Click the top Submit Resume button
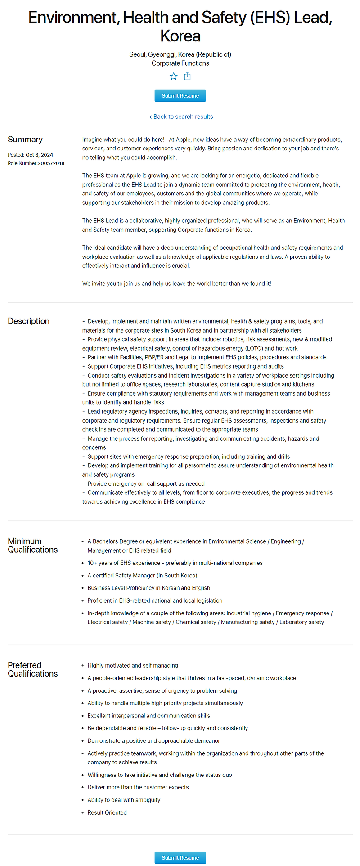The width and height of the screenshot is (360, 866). tap(180, 95)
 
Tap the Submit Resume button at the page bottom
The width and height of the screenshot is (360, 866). tap(180, 857)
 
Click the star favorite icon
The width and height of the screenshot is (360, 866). tap(174, 76)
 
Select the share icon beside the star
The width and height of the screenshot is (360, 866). tap(187, 76)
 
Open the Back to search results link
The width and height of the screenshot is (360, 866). tap(181, 117)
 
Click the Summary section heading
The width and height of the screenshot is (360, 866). tap(25, 140)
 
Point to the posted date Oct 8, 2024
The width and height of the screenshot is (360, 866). tap(39, 155)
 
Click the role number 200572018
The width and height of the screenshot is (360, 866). tap(51, 163)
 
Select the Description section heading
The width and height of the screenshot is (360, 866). tap(28, 321)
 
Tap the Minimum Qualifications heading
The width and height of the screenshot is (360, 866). tap(32, 546)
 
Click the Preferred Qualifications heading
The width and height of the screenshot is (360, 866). tap(32, 669)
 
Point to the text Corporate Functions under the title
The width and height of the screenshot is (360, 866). tap(180, 63)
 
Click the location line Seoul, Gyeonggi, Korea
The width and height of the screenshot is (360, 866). tap(180, 54)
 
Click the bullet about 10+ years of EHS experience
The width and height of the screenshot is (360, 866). tap(175, 563)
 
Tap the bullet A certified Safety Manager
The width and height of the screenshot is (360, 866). tap(142, 576)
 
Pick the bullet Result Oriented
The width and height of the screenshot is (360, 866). tap(107, 812)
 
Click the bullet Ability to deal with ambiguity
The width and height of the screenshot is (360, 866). tap(124, 800)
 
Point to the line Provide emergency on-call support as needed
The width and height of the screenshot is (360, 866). tap(146, 483)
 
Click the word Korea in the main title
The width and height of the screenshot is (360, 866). tap(180, 36)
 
